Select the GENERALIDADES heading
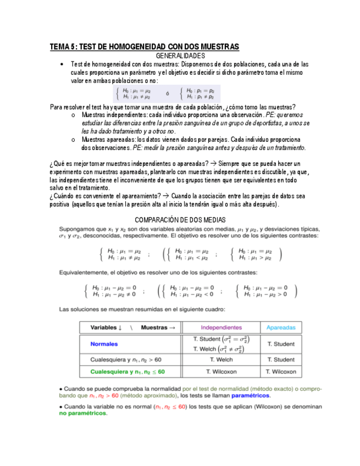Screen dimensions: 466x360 (180, 56)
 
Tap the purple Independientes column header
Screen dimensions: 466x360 (221, 327)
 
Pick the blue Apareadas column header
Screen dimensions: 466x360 (281, 327)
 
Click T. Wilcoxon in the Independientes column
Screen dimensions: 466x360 (221, 372)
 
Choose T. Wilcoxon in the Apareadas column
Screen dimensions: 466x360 (281, 372)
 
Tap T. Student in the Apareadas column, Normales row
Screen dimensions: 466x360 (281, 344)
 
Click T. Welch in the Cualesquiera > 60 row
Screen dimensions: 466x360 (221, 360)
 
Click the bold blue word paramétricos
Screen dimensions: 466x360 (250, 395)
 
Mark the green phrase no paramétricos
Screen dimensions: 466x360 (82, 413)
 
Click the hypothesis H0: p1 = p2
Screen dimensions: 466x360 (201, 90)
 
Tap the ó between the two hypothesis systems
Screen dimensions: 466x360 (167, 93)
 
